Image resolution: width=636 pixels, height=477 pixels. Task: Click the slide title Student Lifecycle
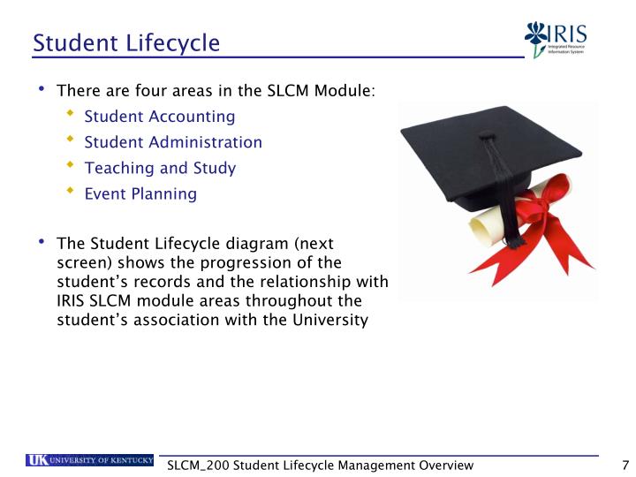click(x=125, y=42)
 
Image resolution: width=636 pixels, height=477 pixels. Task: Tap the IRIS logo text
click(x=568, y=34)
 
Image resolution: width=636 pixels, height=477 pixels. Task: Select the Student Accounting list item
click(x=159, y=117)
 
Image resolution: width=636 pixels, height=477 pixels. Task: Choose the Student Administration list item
click(x=173, y=142)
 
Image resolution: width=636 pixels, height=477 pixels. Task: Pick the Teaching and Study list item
click(x=160, y=168)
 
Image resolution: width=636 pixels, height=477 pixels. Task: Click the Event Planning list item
click(x=140, y=193)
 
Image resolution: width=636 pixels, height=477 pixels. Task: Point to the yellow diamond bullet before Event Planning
click(x=71, y=192)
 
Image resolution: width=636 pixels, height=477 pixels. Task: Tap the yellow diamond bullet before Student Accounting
click(x=71, y=115)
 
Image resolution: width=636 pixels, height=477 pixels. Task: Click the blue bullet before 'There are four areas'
click(x=42, y=89)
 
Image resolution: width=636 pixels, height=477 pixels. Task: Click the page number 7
click(x=625, y=466)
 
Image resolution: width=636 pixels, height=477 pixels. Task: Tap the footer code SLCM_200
click(x=198, y=466)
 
